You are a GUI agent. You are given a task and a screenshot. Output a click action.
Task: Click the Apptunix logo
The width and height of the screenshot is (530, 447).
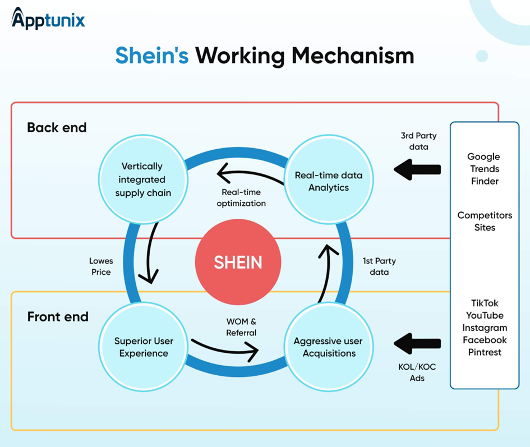pos(48,20)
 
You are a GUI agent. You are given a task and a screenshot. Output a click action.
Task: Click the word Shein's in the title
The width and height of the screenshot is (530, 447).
pos(151,56)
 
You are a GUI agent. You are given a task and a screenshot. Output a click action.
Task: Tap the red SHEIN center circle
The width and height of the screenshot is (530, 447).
pos(238,262)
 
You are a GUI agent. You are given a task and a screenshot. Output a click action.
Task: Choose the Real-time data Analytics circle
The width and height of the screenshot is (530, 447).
pos(328,181)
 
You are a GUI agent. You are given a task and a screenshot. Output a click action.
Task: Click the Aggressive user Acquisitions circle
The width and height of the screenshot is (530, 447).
pos(329,347)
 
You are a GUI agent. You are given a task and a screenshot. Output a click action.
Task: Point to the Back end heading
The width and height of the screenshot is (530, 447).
pos(57,128)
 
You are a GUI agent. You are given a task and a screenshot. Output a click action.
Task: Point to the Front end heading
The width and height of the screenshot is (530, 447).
pos(58,317)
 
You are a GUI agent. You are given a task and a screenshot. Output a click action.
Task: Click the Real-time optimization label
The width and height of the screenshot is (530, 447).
pos(241,197)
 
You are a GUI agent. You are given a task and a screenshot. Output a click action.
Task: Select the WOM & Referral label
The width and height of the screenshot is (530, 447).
pos(241,327)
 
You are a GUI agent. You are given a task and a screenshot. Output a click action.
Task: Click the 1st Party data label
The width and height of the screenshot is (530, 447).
pos(379,266)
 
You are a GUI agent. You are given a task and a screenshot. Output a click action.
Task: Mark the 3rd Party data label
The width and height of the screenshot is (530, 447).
pos(418,141)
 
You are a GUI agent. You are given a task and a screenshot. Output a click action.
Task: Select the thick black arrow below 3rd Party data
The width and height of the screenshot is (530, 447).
pos(417,169)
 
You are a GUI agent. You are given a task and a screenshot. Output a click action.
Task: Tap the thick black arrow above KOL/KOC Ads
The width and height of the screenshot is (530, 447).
pos(417,343)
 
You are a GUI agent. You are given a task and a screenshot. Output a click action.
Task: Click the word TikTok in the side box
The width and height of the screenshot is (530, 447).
pos(485,303)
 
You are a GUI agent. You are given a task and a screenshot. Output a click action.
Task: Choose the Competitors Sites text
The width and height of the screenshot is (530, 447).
pos(485,222)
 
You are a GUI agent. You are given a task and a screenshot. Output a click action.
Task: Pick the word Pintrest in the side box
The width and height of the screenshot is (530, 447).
pos(485,352)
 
